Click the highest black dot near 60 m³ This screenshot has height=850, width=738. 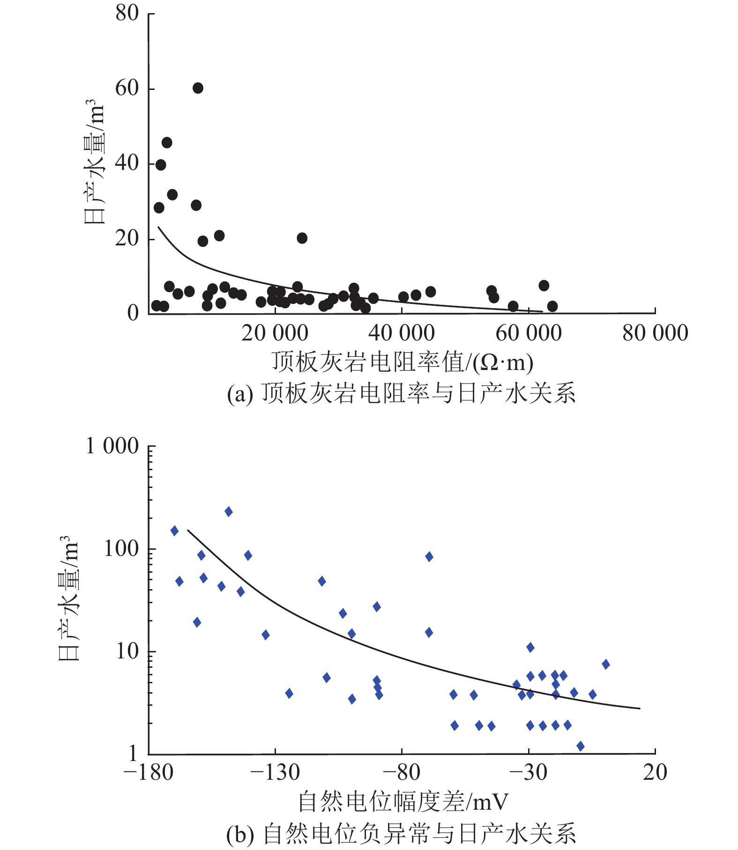pos(198,88)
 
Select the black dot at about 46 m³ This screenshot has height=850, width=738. pos(167,142)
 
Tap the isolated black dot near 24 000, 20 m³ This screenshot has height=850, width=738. pos(302,238)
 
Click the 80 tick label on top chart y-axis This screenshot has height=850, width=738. pos(127,13)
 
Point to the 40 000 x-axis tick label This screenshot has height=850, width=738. pos(402,333)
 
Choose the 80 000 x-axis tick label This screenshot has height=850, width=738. pos(655,333)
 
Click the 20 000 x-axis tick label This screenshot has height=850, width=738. pos(275,333)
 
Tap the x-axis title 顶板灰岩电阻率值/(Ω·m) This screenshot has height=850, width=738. pos(402,362)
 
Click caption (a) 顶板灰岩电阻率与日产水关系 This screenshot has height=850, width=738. pos(401,393)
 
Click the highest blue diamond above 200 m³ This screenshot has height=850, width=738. pos(229,511)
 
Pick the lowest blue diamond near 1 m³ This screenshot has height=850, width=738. pos(581,746)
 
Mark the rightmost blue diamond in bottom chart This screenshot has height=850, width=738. pos(606,664)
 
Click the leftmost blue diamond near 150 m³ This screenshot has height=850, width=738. pos(174,531)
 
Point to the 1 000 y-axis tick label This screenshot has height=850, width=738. pos(112,446)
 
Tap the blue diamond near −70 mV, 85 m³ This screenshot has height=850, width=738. pos(429,556)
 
